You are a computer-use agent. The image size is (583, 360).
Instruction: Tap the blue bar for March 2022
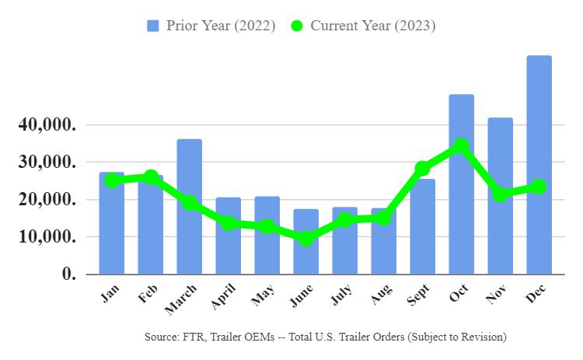189,207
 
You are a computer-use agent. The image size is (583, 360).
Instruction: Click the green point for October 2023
461,145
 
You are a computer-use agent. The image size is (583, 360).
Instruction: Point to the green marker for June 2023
305,238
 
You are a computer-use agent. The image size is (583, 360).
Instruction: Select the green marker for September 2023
422,168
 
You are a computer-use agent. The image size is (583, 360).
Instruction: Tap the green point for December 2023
539,187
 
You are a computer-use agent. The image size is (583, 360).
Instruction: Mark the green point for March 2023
189,203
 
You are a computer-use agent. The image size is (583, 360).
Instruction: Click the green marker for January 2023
111,180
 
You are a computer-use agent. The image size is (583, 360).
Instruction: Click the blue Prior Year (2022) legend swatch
153,26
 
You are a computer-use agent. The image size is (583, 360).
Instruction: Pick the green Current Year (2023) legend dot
296,26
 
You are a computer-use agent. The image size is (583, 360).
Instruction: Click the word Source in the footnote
161,337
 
